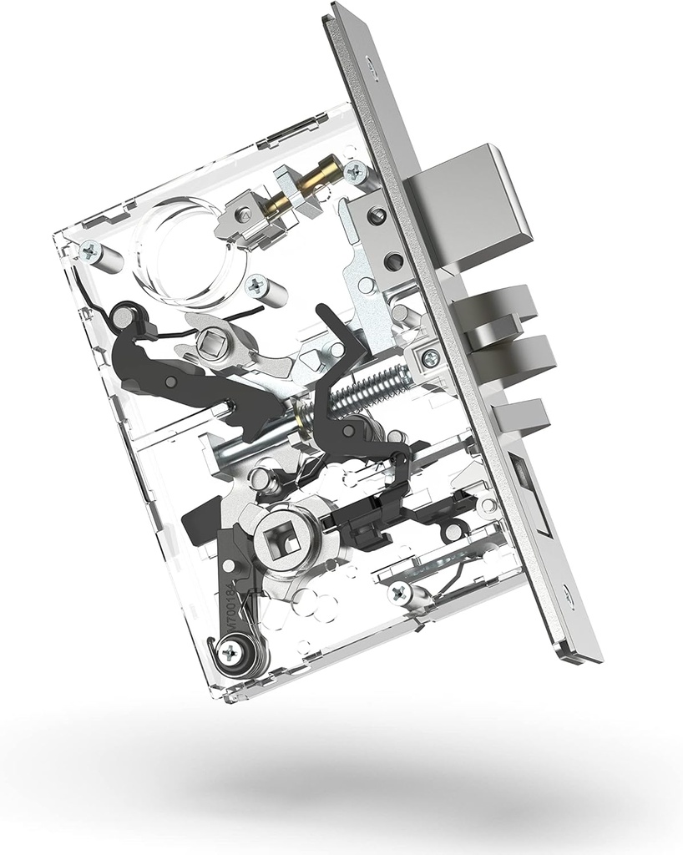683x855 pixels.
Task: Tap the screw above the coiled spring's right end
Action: (430, 358)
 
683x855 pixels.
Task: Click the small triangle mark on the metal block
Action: (245, 215)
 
